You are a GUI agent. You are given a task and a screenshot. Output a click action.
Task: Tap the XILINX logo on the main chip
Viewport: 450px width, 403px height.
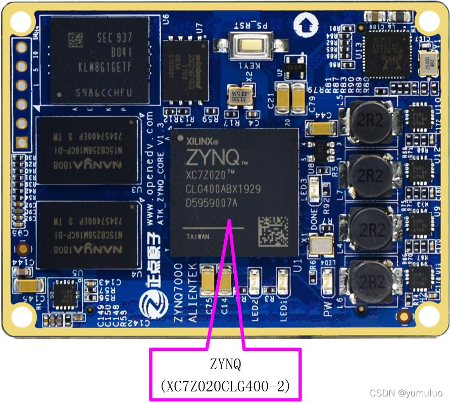[202, 141]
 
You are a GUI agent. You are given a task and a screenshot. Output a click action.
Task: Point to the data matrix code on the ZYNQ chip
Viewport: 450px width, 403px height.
[272, 231]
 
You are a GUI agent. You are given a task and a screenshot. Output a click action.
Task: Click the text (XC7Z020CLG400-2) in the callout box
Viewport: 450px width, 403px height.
[225, 386]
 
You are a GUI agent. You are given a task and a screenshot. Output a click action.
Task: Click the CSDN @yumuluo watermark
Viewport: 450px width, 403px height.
[406, 393]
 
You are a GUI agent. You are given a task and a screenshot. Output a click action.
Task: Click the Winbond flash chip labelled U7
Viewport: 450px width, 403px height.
[185, 70]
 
